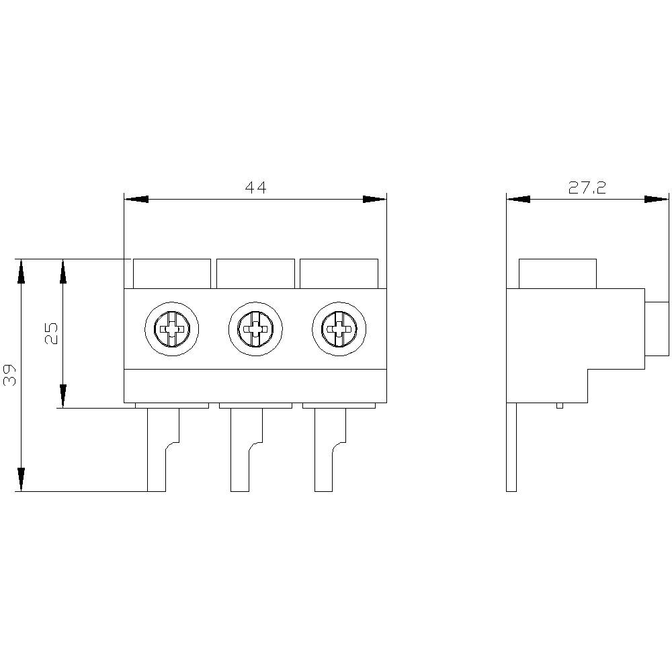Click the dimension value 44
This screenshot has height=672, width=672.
pos(255,188)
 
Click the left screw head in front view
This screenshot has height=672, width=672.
pos(173,329)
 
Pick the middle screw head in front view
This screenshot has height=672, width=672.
pos(255,329)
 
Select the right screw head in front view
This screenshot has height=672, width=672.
pos(339,329)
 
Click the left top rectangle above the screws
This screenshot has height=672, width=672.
pos(172,274)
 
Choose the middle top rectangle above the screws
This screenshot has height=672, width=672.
pos(255,274)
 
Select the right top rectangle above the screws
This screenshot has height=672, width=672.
pos(339,274)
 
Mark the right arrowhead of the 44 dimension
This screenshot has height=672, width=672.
pos(374,200)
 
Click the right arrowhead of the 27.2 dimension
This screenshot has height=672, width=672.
pos(657,200)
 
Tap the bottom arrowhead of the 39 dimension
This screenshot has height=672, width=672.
pos(22,479)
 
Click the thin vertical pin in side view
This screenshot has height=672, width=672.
pos(511,447)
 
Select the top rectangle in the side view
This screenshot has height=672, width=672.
pos(558,274)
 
